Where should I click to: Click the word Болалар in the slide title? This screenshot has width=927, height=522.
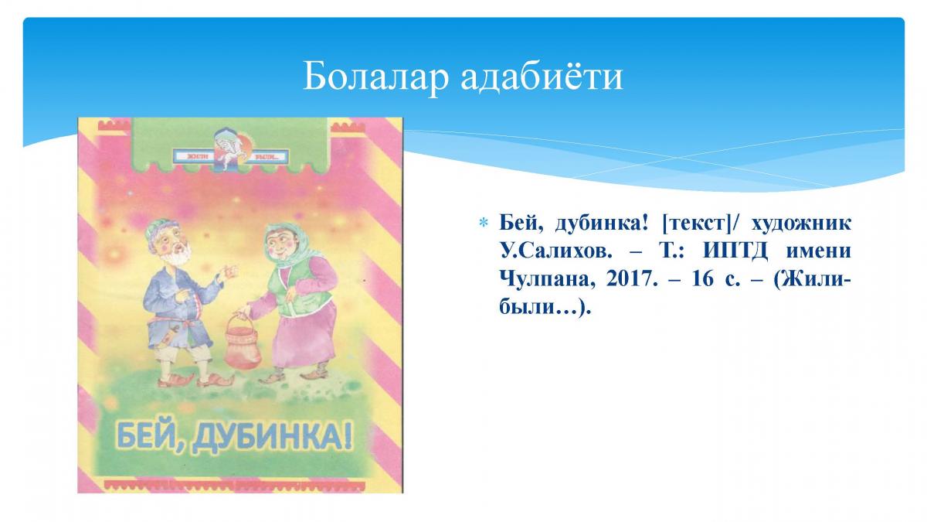pos(375,77)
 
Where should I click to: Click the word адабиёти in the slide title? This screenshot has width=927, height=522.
pos(542,76)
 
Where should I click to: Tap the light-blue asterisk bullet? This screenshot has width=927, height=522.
pos(483,223)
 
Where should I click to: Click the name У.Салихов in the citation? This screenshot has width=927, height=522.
pos(555,251)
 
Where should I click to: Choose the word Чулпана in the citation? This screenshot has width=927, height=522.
pos(548,280)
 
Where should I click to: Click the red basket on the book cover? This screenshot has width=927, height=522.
pos(243,343)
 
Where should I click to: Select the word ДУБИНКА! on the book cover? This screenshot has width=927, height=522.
pos(273,437)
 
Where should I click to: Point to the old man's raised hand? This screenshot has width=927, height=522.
pos(229,271)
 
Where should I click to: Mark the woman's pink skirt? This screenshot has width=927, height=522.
pos(305,336)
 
